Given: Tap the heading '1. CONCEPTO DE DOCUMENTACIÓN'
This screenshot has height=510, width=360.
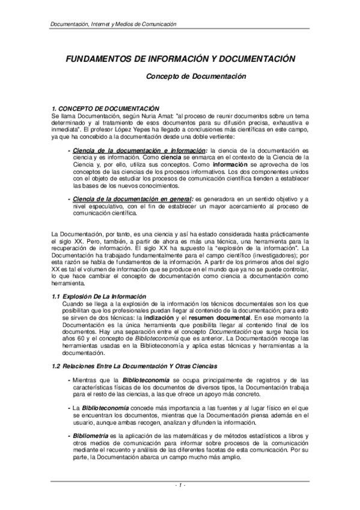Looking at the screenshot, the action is pyautogui.click(x=105, y=107).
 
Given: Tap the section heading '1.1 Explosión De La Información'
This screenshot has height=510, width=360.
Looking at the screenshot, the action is pyautogui.click(x=99, y=296).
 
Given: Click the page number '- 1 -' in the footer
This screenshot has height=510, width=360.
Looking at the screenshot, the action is pyautogui.click(x=179, y=484).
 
